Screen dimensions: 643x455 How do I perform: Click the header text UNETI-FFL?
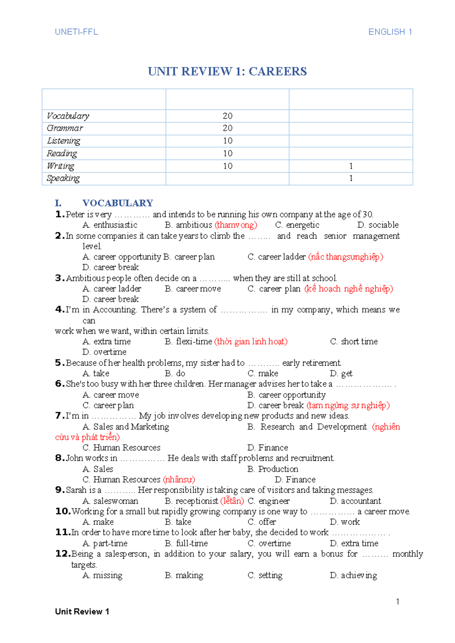point(76,32)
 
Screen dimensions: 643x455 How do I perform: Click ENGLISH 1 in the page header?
point(390,32)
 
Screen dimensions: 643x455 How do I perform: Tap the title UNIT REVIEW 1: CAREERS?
point(227,71)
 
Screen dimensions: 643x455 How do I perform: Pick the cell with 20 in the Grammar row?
point(227,128)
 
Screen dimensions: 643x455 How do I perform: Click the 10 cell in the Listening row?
point(227,141)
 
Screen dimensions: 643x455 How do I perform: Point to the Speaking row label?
point(63,178)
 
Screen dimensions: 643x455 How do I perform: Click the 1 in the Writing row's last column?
point(351,166)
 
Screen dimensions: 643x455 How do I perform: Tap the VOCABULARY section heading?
point(118,203)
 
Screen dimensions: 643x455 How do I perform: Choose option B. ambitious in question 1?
point(189,225)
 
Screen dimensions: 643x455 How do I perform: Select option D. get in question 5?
point(341,373)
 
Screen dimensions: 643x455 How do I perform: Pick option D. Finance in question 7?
point(268,448)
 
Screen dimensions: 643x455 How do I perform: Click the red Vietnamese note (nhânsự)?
point(179,480)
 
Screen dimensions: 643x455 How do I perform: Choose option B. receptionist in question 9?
point(192,501)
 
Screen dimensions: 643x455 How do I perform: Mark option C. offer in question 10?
point(262,522)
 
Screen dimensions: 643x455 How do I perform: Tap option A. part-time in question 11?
point(105,543)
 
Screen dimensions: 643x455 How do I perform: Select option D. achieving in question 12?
point(353,575)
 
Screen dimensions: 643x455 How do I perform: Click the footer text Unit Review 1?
point(82,612)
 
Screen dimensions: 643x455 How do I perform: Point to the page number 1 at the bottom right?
point(397,602)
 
